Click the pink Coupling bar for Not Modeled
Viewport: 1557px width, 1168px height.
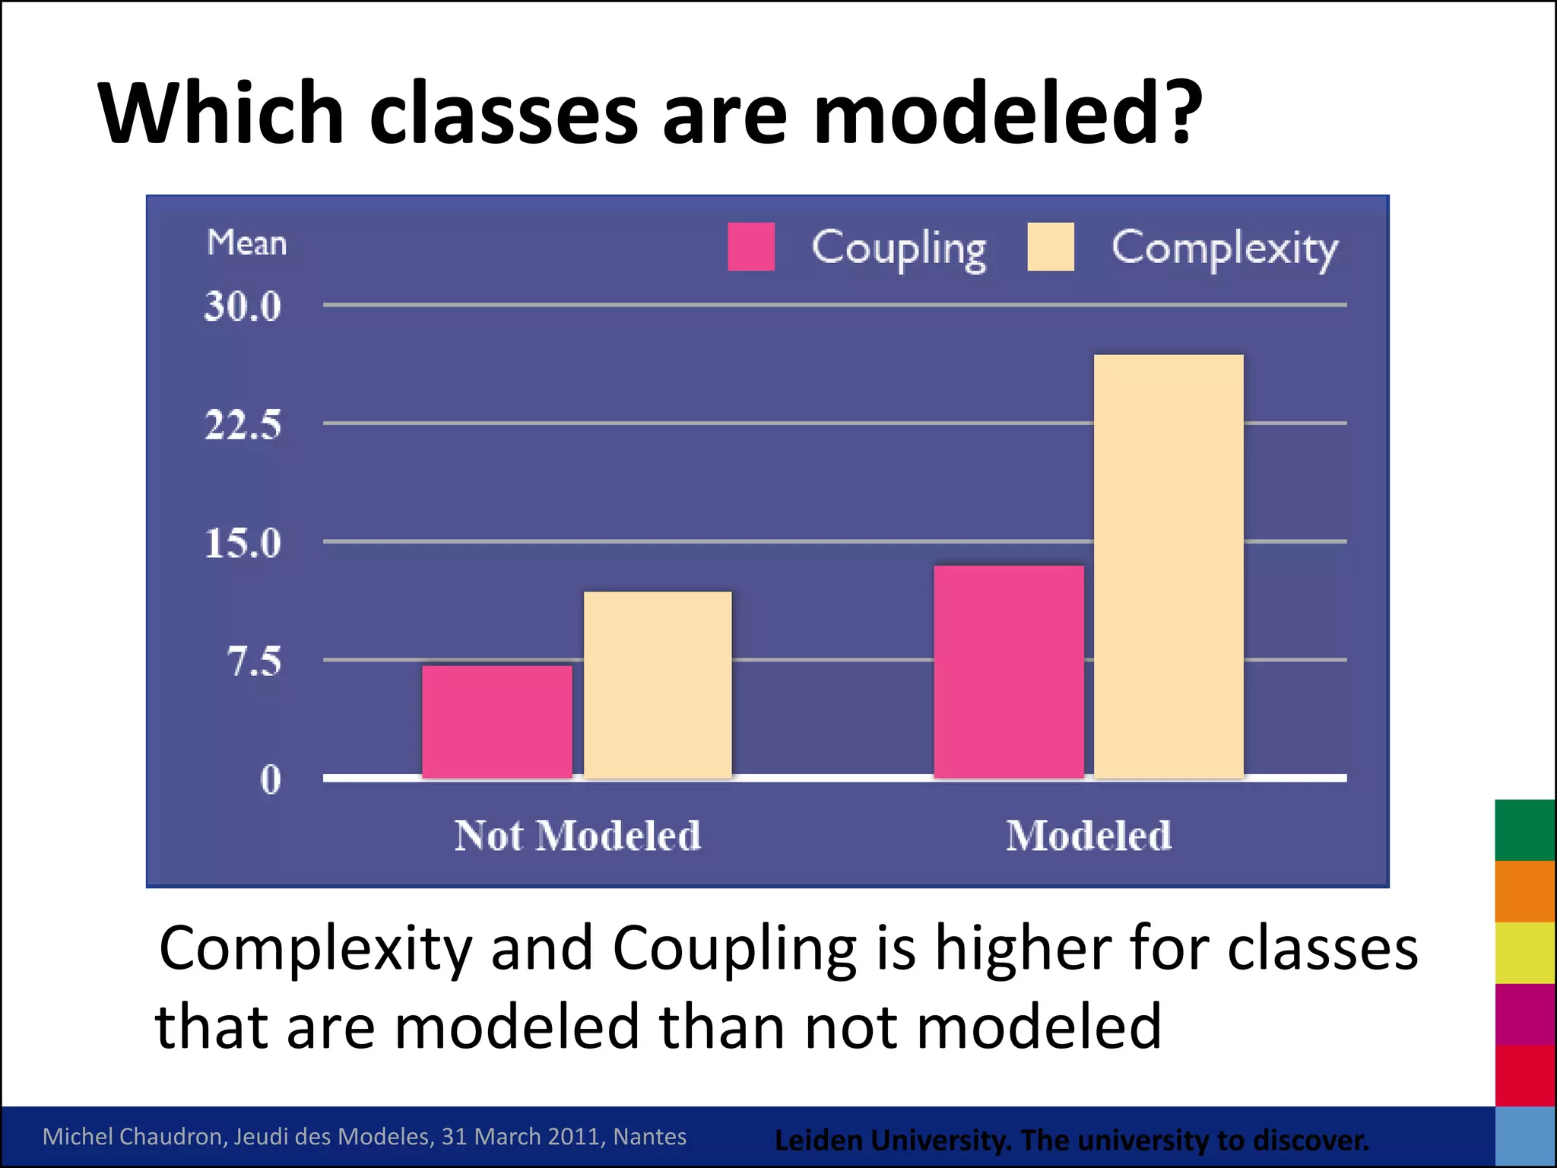click(x=497, y=722)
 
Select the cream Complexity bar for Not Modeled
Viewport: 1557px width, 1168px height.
click(x=658, y=684)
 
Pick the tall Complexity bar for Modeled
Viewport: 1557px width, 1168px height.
click(x=1169, y=567)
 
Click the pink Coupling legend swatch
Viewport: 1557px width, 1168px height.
click(x=751, y=246)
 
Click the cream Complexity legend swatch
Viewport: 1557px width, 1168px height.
click(x=1051, y=246)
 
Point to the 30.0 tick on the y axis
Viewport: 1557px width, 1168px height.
click(x=243, y=306)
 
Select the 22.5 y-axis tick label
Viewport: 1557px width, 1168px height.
click(x=243, y=424)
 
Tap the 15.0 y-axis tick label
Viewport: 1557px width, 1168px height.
click(x=243, y=543)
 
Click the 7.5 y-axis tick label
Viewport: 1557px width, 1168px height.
click(x=254, y=661)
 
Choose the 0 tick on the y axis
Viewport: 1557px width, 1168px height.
click(x=271, y=779)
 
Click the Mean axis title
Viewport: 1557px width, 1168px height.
click(x=247, y=243)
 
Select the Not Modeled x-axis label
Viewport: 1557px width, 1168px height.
click(x=578, y=835)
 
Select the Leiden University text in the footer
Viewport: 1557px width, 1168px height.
click(x=893, y=1140)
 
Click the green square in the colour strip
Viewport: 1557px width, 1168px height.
click(x=1525, y=830)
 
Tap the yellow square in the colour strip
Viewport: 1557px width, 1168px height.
click(x=1525, y=953)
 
